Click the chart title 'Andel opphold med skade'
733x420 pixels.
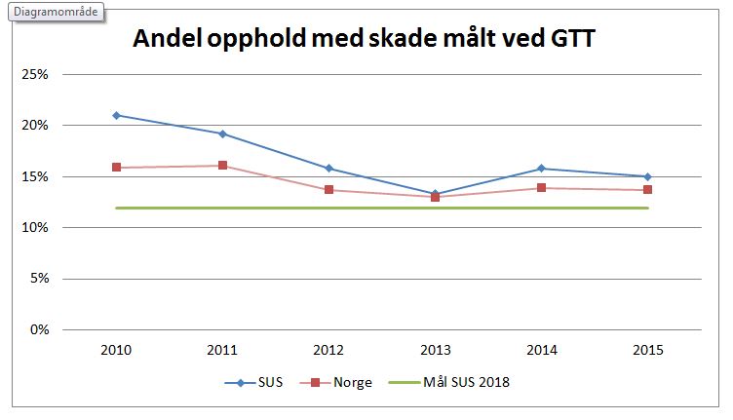point(364,39)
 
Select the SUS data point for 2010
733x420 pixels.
point(116,115)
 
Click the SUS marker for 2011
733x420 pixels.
point(222,134)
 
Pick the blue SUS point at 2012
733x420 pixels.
point(328,169)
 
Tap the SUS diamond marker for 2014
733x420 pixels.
point(541,169)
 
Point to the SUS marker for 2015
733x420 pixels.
point(647,176)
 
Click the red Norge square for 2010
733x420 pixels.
point(116,168)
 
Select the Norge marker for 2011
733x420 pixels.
point(222,166)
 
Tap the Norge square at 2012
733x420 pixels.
point(328,190)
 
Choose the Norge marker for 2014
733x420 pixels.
point(541,188)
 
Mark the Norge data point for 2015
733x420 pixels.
point(647,190)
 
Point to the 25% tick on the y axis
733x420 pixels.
point(36,75)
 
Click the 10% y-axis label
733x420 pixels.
point(36,228)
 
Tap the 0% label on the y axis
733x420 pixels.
point(39,329)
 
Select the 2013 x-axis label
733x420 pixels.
point(435,349)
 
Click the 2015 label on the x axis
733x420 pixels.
point(647,349)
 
